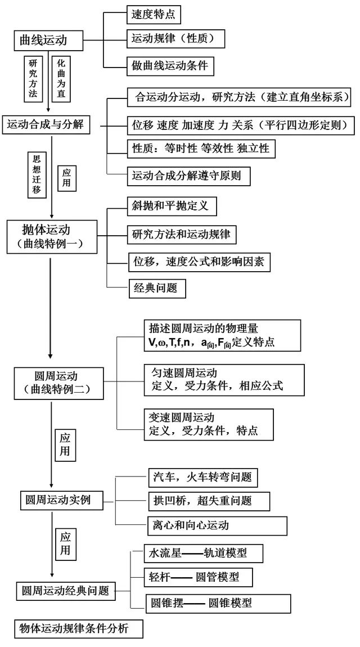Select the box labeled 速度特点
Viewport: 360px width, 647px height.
click(x=154, y=14)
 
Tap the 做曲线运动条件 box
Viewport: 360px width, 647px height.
click(x=169, y=66)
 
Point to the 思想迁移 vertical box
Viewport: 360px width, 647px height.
click(x=37, y=174)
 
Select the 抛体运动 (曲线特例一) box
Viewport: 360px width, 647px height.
click(x=51, y=236)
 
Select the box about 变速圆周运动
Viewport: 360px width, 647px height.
click(x=209, y=425)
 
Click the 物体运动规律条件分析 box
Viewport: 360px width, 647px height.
click(x=78, y=629)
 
